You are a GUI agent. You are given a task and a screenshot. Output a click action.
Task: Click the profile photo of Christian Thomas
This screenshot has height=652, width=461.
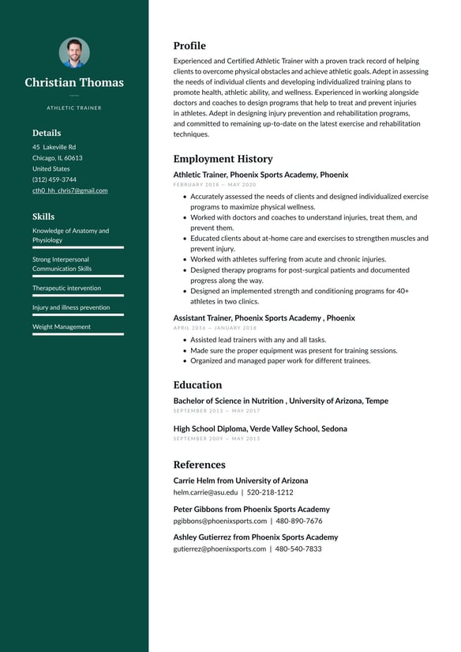click(x=74, y=53)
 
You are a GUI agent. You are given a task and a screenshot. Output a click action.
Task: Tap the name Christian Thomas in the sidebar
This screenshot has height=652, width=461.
click(x=74, y=82)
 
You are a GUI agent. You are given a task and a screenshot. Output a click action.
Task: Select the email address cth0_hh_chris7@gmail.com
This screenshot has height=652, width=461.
click(x=69, y=190)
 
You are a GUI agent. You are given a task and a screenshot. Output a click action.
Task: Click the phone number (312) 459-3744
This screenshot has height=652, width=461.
click(x=54, y=179)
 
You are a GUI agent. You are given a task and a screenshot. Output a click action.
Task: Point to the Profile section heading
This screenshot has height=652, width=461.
click(x=189, y=46)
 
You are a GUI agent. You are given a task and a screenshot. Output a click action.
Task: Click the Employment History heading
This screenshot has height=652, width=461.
click(x=223, y=159)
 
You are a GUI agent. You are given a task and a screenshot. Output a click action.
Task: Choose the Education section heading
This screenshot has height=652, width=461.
click(x=197, y=385)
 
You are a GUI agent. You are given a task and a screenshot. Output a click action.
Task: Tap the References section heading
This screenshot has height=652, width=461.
click(x=199, y=465)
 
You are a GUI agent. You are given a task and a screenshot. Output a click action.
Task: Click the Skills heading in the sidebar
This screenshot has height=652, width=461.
click(x=43, y=217)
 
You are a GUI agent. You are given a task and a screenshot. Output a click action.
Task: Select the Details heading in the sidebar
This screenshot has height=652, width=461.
click(x=47, y=133)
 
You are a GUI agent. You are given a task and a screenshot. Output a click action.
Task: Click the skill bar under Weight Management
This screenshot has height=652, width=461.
click(x=77, y=334)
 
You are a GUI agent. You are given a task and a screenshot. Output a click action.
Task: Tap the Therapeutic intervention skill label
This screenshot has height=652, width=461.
click(x=66, y=288)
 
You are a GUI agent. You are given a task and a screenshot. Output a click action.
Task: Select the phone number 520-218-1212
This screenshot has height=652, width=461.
click(x=270, y=492)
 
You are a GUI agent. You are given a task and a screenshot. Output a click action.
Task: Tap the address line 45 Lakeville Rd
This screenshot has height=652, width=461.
click(x=54, y=147)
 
